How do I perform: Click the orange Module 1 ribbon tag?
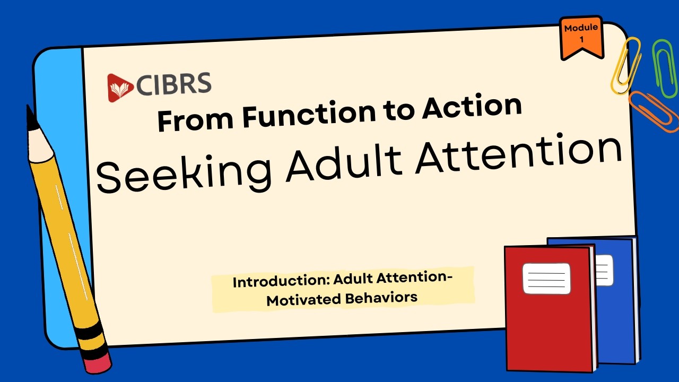tap(581, 37)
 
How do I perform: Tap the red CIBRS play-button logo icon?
tap(120, 88)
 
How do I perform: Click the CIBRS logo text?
tap(173, 84)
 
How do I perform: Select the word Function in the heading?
tap(309, 115)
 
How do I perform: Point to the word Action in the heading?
tap(472, 107)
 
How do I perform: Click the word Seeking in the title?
tap(184, 173)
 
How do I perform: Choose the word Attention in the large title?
tap(519, 154)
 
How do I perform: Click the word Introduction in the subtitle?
tap(281, 281)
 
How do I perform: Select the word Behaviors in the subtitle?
tap(381, 298)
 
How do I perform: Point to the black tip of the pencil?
tap(31, 118)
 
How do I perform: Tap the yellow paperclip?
tap(625, 65)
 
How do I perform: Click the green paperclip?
tap(665, 68)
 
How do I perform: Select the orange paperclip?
tap(654, 111)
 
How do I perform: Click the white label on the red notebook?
tap(546, 279)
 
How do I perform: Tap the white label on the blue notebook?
tap(605, 270)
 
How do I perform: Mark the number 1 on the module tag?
tap(581, 39)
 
